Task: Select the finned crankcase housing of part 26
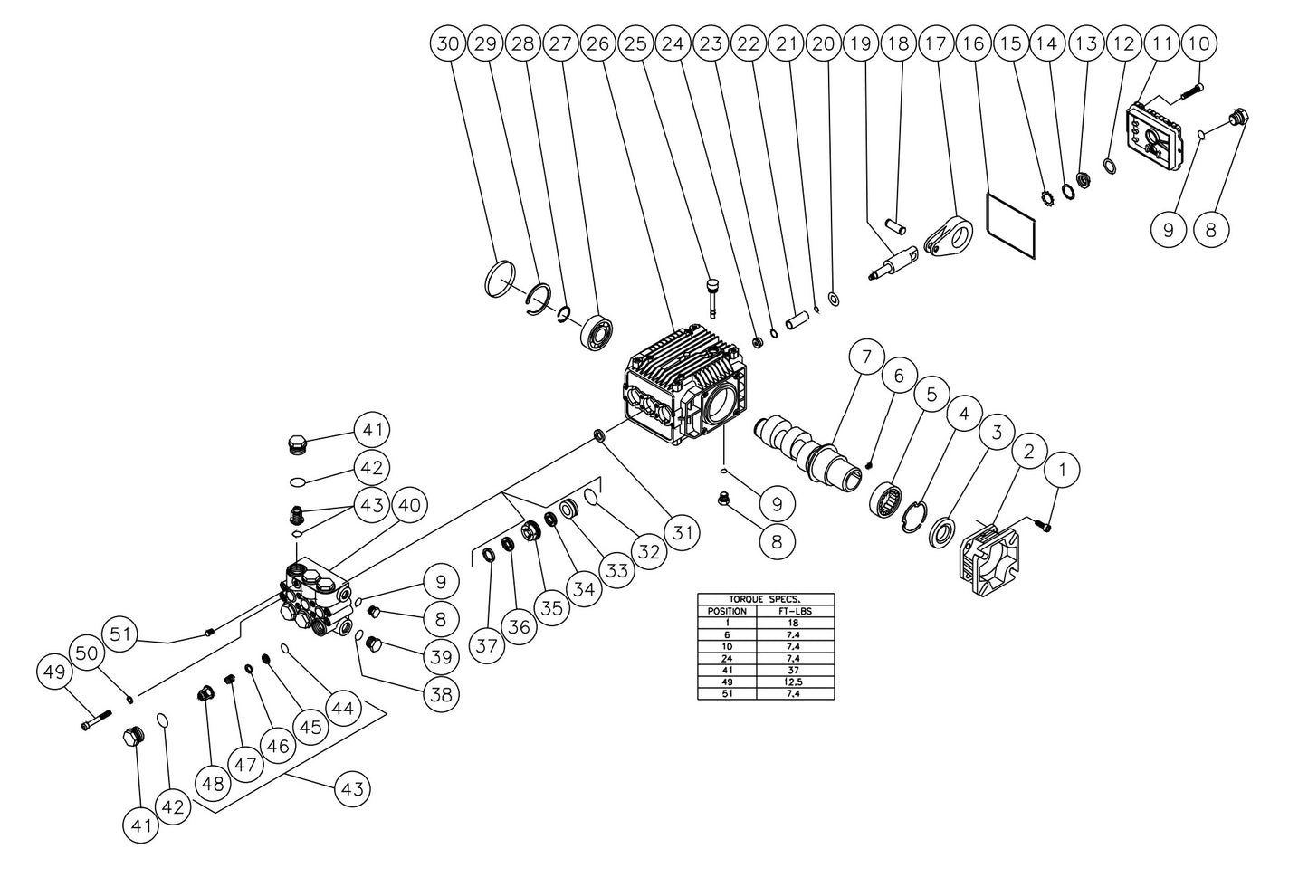click(x=683, y=389)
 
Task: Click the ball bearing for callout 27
click(x=599, y=333)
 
